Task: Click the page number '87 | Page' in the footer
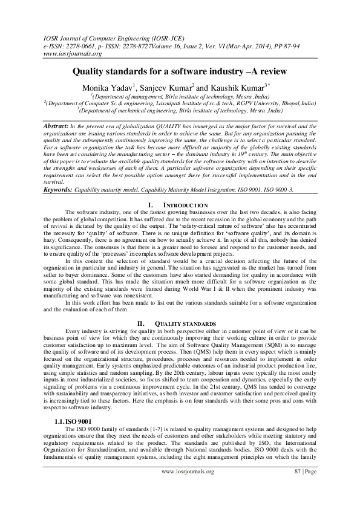(305, 488)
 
